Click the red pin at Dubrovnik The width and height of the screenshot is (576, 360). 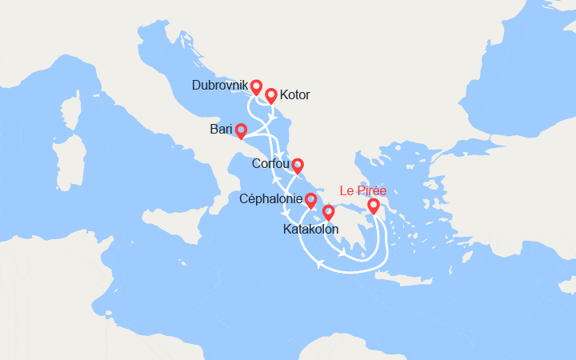pyautogui.click(x=256, y=87)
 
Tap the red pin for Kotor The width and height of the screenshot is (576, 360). pyautogui.click(x=270, y=95)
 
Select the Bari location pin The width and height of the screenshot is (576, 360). pyautogui.click(x=240, y=130)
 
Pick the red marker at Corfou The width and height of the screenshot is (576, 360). pyautogui.click(x=297, y=166)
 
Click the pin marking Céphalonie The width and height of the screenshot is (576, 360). pyautogui.click(x=310, y=201)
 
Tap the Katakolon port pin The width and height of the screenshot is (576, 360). pyautogui.click(x=328, y=213)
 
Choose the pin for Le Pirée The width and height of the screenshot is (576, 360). pyautogui.click(x=373, y=206)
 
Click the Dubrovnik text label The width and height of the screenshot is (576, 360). pyautogui.click(x=220, y=86)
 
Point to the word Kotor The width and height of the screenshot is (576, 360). pyautogui.click(x=294, y=95)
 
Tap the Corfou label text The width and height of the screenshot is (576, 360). pyautogui.click(x=270, y=165)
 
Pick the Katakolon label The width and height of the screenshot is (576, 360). pyautogui.click(x=310, y=229)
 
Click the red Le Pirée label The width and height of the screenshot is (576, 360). pyautogui.click(x=369, y=190)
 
